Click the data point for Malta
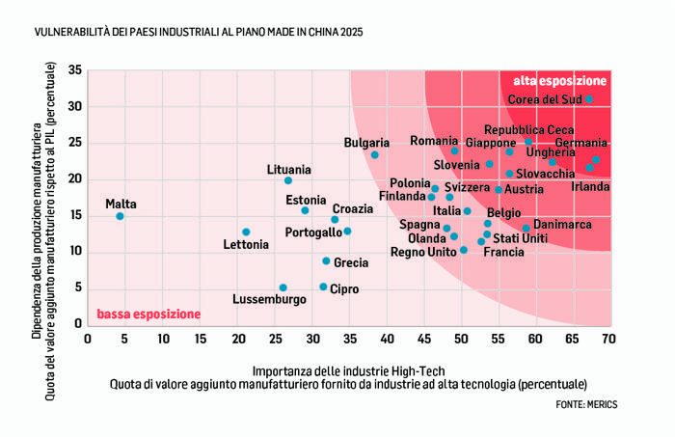click(x=120, y=216)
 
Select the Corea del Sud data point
click(x=589, y=99)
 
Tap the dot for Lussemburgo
click(x=283, y=287)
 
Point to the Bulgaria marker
click(x=374, y=155)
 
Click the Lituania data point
click(x=287, y=180)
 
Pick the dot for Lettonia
click(x=246, y=232)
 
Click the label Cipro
click(x=344, y=288)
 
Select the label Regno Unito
click(x=423, y=252)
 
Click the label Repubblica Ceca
click(x=529, y=129)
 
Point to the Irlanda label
click(x=591, y=186)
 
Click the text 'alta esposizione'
click(x=559, y=80)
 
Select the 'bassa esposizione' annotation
click(x=148, y=314)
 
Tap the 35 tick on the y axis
click(x=74, y=70)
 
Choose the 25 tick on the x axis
click(x=274, y=339)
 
